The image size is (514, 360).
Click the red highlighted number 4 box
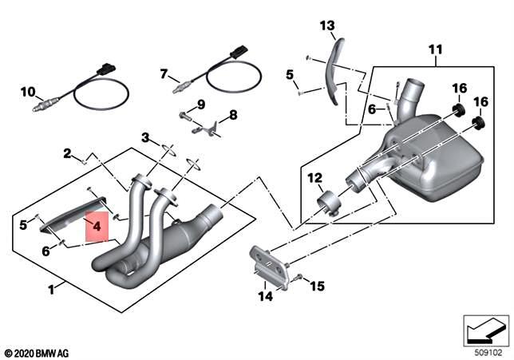coord(96,227)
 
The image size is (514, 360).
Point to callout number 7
coord(164,74)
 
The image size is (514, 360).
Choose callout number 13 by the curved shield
coord(328,26)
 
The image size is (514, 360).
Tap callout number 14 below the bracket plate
coord(265,296)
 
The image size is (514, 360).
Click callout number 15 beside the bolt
coord(318,285)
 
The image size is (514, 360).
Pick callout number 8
coord(233,115)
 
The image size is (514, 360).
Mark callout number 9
coord(201,104)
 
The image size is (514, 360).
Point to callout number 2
coord(69,152)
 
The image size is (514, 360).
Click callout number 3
coord(146,137)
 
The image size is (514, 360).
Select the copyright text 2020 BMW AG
coord(38,352)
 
